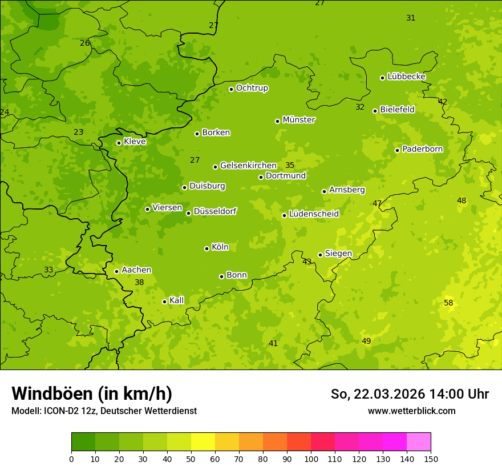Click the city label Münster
point(299,120)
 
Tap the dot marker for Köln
point(207,248)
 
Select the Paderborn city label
point(422,149)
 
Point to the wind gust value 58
point(448,303)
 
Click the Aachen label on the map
point(136,270)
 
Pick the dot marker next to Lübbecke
point(382,78)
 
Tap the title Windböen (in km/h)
point(92,393)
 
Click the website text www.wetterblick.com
point(411,411)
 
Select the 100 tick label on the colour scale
point(311,459)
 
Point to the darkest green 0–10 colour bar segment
point(83,442)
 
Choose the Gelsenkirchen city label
point(248,166)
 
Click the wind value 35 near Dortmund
point(290,166)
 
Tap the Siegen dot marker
point(320,255)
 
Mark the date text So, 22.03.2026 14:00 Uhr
point(410,394)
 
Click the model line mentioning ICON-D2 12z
point(104,411)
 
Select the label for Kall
point(176,300)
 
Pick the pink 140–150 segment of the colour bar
point(419,442)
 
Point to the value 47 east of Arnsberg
point(377,203)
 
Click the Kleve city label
point(135,142)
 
